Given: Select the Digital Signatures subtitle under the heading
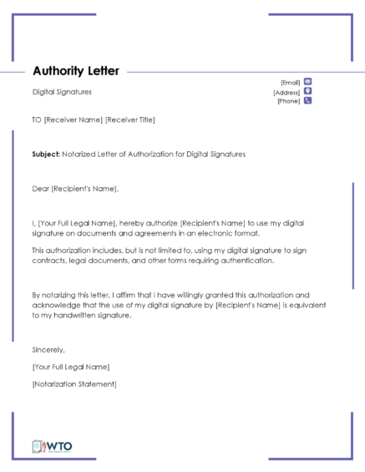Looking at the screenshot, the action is point(62,92).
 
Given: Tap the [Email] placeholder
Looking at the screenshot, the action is point(290,82).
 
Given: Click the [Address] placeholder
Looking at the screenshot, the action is point(286,92).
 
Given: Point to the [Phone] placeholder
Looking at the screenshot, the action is point(288,101).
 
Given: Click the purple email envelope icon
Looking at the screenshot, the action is point(307,81).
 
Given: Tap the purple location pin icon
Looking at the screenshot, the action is point(307,91).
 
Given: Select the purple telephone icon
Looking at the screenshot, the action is point(307,101).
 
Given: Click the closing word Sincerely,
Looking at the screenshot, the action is point(48,349).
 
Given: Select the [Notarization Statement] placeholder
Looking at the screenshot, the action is point(74,384).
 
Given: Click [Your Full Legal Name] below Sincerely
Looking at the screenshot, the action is point(71,367).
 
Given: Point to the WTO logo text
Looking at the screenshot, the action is point(60,446).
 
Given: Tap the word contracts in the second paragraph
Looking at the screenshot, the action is point(49,261).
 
